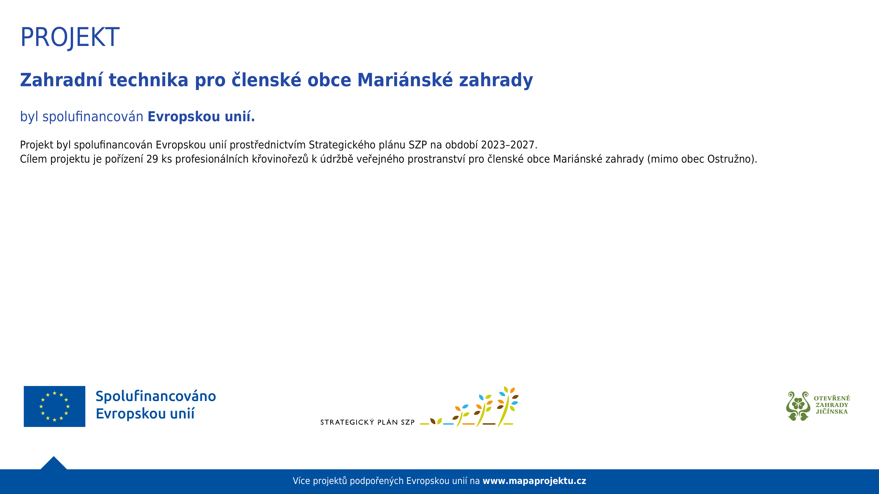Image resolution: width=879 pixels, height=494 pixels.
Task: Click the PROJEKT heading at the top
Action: pyautogui.click(x=70, y=37)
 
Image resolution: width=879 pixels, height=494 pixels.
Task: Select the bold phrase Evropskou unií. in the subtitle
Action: pyautogui.click(x=201, y=117)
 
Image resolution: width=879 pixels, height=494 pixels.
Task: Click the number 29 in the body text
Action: pyautogui.click(x=152, y=159)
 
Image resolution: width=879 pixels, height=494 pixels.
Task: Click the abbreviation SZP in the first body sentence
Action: pyautogui.click(x=418, y=145)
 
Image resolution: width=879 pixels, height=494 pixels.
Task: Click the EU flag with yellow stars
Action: pyautogui.click(x=55, y=406)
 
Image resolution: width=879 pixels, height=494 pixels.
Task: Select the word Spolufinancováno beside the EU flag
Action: pyautogui.click(x=156, y=396)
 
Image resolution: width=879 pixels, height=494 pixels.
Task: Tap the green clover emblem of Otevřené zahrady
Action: pyautogui.click(x=798, y=406)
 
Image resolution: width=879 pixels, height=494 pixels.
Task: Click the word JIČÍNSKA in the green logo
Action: pyautogui.click(x=832, y=411)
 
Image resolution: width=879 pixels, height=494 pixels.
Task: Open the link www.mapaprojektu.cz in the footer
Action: pyautogui.click(x=534, y=481)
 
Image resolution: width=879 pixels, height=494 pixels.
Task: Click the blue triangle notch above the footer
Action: pyautogui.click(x=54, y=463)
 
